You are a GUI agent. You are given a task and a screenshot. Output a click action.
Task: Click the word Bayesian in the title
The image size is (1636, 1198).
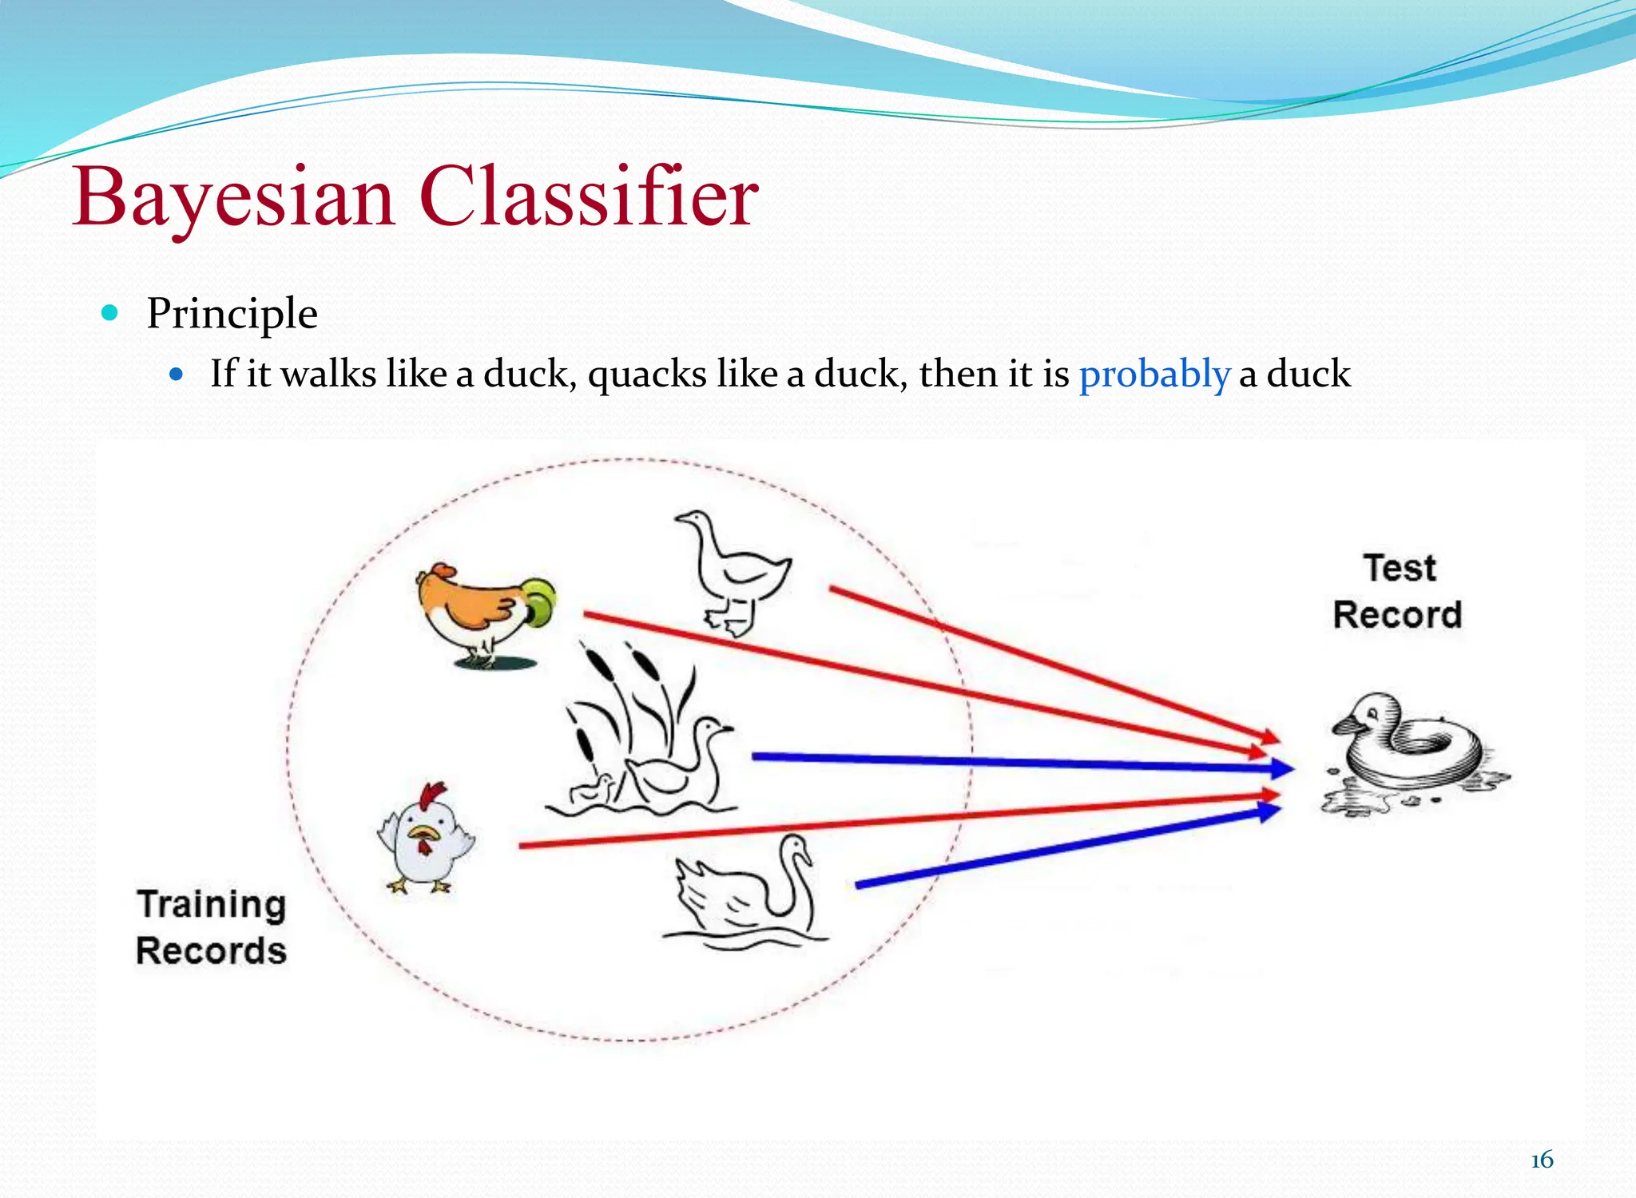click(234, 197)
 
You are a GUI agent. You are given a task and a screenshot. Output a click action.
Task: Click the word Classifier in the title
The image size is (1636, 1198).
click(588, 197)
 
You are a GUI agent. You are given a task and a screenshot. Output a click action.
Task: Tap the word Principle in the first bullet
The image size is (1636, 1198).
click(232, 313)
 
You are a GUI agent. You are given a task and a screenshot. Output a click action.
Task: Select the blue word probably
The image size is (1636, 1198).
click(1154, 374)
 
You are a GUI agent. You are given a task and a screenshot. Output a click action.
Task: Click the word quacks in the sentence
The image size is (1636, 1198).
click(647, 374)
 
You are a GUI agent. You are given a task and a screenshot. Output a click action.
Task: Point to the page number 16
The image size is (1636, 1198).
click(1541, 1160)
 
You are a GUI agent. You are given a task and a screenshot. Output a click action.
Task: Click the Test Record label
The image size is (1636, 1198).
click(1398, 592)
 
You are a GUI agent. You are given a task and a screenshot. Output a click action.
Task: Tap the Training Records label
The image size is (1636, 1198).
click(211, 927)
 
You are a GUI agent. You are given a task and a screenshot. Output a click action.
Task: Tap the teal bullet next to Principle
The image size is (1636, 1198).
click(110, 312)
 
